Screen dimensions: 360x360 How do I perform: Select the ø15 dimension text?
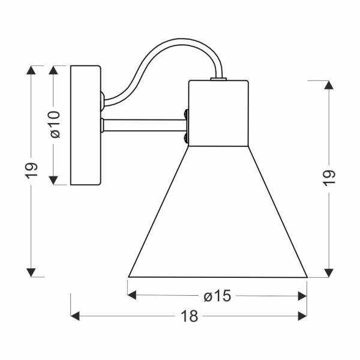click(218, 296)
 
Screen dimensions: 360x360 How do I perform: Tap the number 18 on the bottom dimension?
click(189, 317)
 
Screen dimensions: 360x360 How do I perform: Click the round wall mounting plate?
click(86, 125)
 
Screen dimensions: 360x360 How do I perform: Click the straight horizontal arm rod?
click(144, 125)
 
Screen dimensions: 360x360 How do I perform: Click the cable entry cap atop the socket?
click(218, 78)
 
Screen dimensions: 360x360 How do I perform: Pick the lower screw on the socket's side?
click(187, 138)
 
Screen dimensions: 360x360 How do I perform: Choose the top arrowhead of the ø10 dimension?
click(54, 70)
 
